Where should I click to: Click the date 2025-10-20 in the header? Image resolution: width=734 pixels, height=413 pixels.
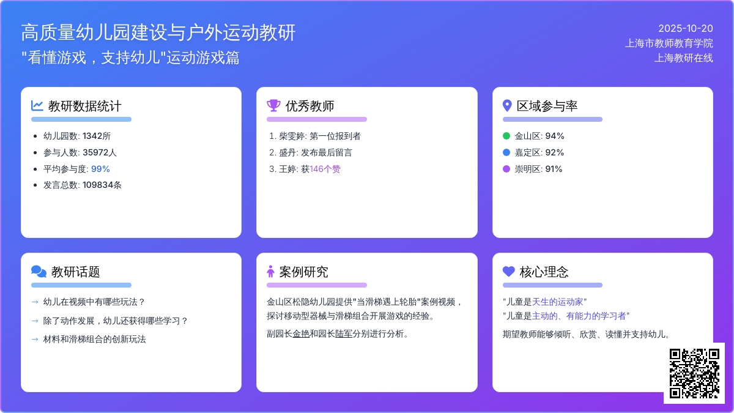click(686, 29)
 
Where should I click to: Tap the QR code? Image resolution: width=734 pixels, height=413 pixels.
click(694, 373)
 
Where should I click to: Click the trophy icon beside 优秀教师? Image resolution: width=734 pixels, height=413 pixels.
click(273, 105)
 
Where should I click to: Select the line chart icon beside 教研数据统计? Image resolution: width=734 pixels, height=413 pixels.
click(37, 105)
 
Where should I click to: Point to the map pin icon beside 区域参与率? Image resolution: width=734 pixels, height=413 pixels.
click(507, 105)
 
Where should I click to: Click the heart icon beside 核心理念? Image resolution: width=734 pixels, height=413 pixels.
click(509, 271)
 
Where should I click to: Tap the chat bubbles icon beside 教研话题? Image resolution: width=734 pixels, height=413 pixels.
click(39, 272)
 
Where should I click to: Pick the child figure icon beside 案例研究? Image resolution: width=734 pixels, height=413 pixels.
click(270, 272)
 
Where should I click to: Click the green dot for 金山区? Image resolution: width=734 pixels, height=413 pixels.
click(506, 136)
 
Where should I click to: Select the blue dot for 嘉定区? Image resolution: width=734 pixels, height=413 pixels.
click(506, 152)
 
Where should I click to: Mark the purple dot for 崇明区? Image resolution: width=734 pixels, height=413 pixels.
click(506, 169)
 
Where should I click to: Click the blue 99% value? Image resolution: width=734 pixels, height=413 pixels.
click(100, 169)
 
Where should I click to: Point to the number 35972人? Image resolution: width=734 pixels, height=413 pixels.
click(100, 152)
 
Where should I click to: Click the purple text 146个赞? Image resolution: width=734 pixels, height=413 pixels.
click(325, 169)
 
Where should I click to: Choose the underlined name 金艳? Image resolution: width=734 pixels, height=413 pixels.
click(301, 334)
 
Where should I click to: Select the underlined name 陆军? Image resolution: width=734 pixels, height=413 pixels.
click(344, 334)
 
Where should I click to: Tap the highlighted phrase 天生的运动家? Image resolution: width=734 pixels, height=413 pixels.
click(557, 302)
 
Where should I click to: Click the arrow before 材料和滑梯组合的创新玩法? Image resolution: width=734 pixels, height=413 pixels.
click(35, 339)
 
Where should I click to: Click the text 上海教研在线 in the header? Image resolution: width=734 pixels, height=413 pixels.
click(684, 58)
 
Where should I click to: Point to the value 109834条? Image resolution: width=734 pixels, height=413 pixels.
click(102, 185)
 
